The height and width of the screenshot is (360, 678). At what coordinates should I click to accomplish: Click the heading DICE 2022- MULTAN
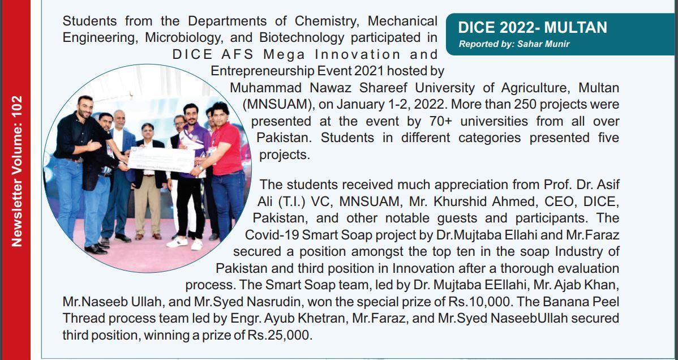[532, 28]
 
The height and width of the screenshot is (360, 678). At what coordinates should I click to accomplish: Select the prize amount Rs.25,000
[279, 335]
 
